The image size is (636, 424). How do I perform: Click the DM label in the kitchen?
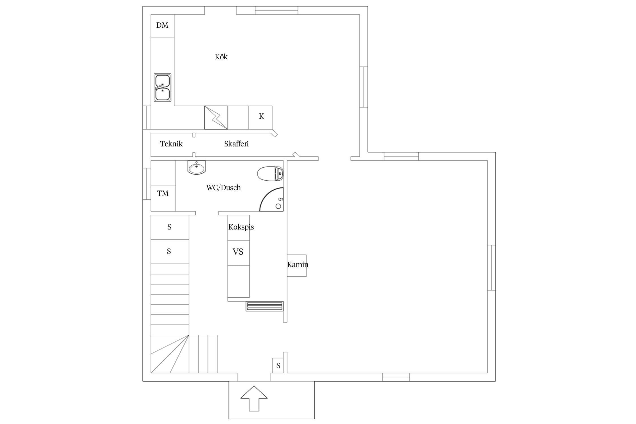point(162,25)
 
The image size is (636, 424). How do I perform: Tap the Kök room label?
point(221,57)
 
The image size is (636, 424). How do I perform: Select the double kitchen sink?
point(163,88)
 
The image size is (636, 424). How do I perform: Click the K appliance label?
point(261,116)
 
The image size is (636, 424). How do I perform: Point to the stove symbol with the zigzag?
point(216,118)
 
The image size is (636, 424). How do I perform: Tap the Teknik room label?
point(171,144)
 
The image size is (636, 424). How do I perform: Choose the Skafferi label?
point(236,144)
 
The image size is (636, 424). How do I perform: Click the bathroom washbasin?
point(196,167)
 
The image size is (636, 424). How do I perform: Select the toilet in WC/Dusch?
point(271,174)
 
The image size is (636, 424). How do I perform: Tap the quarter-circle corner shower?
point(271,199)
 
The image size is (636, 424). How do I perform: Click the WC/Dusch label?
point(224,188)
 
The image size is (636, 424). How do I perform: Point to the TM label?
point(163,193)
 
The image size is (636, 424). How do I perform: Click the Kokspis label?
point(241,227)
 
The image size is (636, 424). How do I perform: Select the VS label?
point(238,252)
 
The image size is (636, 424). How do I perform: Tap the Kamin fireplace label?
point(298,265)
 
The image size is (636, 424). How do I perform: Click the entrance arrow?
point(254,398)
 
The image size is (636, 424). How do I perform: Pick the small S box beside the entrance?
point(278,365)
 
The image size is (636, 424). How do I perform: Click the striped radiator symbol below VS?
point(265,306)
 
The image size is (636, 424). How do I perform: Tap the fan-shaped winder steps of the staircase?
point(170,354)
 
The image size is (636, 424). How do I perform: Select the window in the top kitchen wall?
point(276,10)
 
